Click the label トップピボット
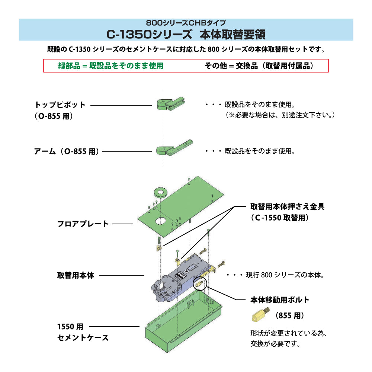60,105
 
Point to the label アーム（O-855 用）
67,151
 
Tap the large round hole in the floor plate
161,220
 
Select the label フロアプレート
83,224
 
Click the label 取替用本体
76,275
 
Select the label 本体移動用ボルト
280,300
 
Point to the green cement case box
182,327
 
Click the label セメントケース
83,338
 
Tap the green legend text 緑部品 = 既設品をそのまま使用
110,66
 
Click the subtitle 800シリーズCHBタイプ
186,23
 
